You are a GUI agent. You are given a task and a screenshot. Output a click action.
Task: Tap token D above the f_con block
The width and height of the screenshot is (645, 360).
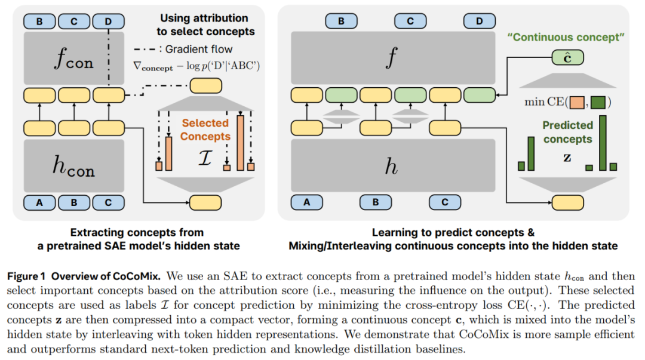click(x=107, y=21)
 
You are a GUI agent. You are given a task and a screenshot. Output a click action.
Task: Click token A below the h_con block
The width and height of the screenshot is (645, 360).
click(x=39, y=202)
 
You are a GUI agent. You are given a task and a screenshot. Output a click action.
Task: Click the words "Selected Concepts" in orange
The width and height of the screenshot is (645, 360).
click(x=205, y=130)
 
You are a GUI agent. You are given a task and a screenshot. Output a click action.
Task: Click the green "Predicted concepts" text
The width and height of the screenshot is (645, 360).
click(x=567, y=132)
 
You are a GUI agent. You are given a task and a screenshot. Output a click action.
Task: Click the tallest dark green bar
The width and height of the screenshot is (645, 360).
click(x=603, y=143)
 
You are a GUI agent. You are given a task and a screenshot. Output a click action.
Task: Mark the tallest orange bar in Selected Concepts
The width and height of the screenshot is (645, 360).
click(x=240, y=143)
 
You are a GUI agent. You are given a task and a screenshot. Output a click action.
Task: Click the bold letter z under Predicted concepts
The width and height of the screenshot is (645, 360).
click(x=568, y=159)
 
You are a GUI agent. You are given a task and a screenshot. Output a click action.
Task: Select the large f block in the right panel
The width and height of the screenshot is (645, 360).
click(x=391, y=59)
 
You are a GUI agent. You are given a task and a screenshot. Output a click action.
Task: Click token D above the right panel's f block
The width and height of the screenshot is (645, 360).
click(x=479, y=21)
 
